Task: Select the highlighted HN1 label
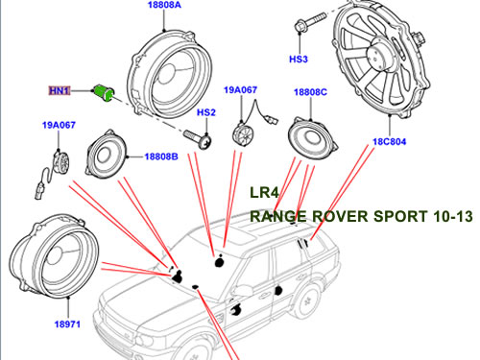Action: click(x=61, y=90)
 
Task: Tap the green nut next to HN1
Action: click(x=103, y=92)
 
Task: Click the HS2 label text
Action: click(x=205, y=113)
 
